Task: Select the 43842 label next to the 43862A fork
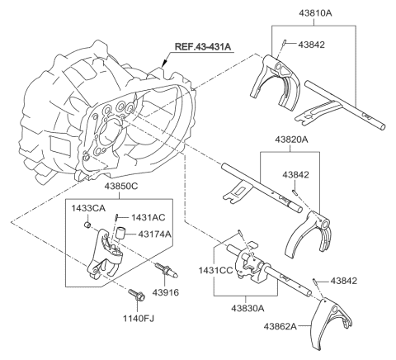pos(347,281)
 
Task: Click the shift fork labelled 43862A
pos(343,321)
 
